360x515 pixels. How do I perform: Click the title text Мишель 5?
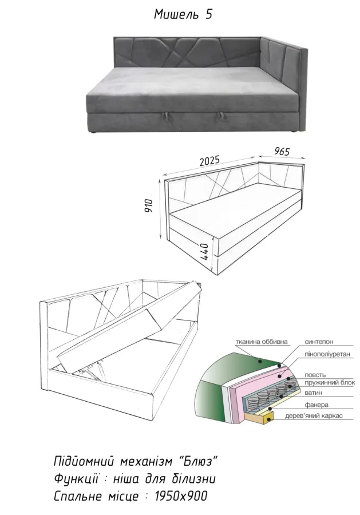(x=183, y=14)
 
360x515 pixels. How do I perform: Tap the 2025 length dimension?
(x=209, y=161)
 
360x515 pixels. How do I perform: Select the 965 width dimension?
(x=282, y=151)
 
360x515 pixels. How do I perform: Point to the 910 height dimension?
(x=149, y=205)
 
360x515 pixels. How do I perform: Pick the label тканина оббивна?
(x=262, y=342)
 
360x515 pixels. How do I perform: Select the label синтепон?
(x=319, y=342)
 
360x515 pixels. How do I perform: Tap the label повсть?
(x=315, y=375)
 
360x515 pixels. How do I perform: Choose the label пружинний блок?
(x=330, y=383)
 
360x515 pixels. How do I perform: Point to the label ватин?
(x=314, y=393)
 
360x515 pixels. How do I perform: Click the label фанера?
(x=317, y=405)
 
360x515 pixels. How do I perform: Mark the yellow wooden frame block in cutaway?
(x=259, y=417)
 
